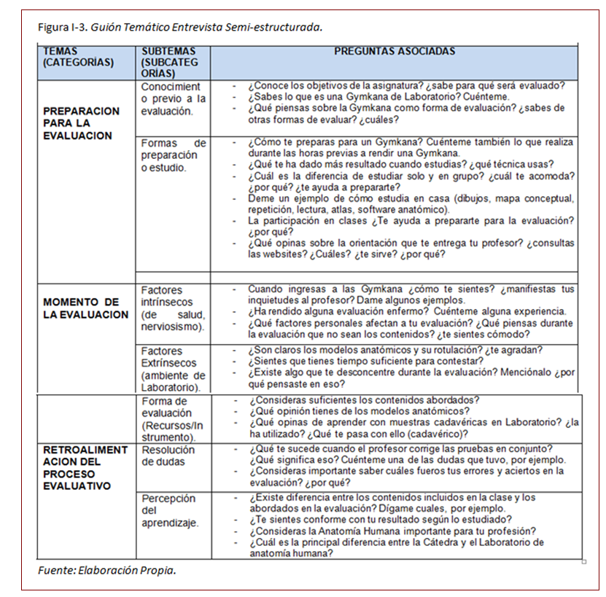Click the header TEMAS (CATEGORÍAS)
pyautogui.click(x=78, y=57)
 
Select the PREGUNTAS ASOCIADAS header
pyautogui.click(x=394, y=52)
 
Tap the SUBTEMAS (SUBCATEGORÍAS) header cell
pyautogui.click(x=169, y=62)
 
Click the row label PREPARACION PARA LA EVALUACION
pyautogui.click(x=82, y=123)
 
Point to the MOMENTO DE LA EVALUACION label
pyautogui.click(x=85, y=308)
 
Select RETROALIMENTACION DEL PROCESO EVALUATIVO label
pyautogui.click(x=84, y=468)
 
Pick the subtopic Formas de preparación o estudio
pyautogui.click(x=172, y=155)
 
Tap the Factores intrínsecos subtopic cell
pyautogui.click(x=173, y=308)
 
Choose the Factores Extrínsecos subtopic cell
pyautogui.click(x=173, y=368)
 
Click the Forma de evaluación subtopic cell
pyautogui.click(x=172, y=419)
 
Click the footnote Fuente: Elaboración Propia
pyautogui.click(x=106, y=570)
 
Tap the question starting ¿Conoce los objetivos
pyautogui.click(x=405, y=85)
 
